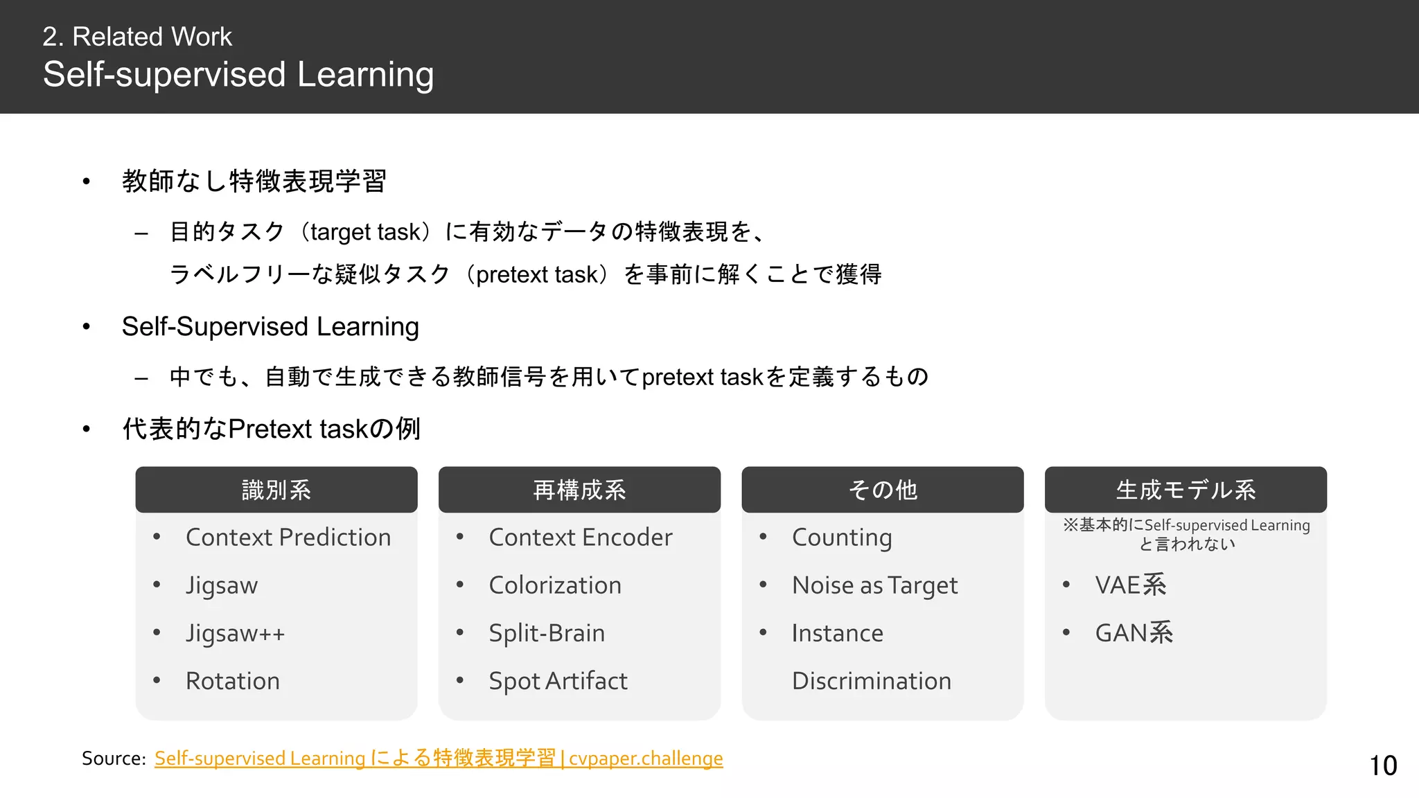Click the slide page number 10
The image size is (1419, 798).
pos(1383,765)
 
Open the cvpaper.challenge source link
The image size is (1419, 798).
pos(438,759)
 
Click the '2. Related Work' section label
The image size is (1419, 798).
pos(137,37)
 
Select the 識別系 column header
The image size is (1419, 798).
pos(276,490)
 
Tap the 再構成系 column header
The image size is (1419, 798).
pos(579,490)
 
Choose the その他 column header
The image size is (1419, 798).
pos(883,490)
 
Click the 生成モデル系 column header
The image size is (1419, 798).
pos(1186,490)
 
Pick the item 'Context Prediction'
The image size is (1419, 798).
pos(288,538)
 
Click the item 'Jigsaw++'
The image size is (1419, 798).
pos(235,633)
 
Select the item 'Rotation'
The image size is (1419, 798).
pos(233,681)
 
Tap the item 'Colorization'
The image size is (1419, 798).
pos(555,585)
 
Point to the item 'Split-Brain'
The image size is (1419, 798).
pos(547,633)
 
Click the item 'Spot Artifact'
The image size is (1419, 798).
pos(558,681)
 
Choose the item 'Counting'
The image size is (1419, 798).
pos(842,538)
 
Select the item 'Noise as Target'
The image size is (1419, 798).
pos(875,585)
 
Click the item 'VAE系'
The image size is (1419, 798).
pos(1131,585)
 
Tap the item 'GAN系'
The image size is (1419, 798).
pos(1134,633)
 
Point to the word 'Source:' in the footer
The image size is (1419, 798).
pos(114,759)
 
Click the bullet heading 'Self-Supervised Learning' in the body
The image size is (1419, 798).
pos(270,326)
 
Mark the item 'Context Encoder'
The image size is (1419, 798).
pos(581,538)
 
